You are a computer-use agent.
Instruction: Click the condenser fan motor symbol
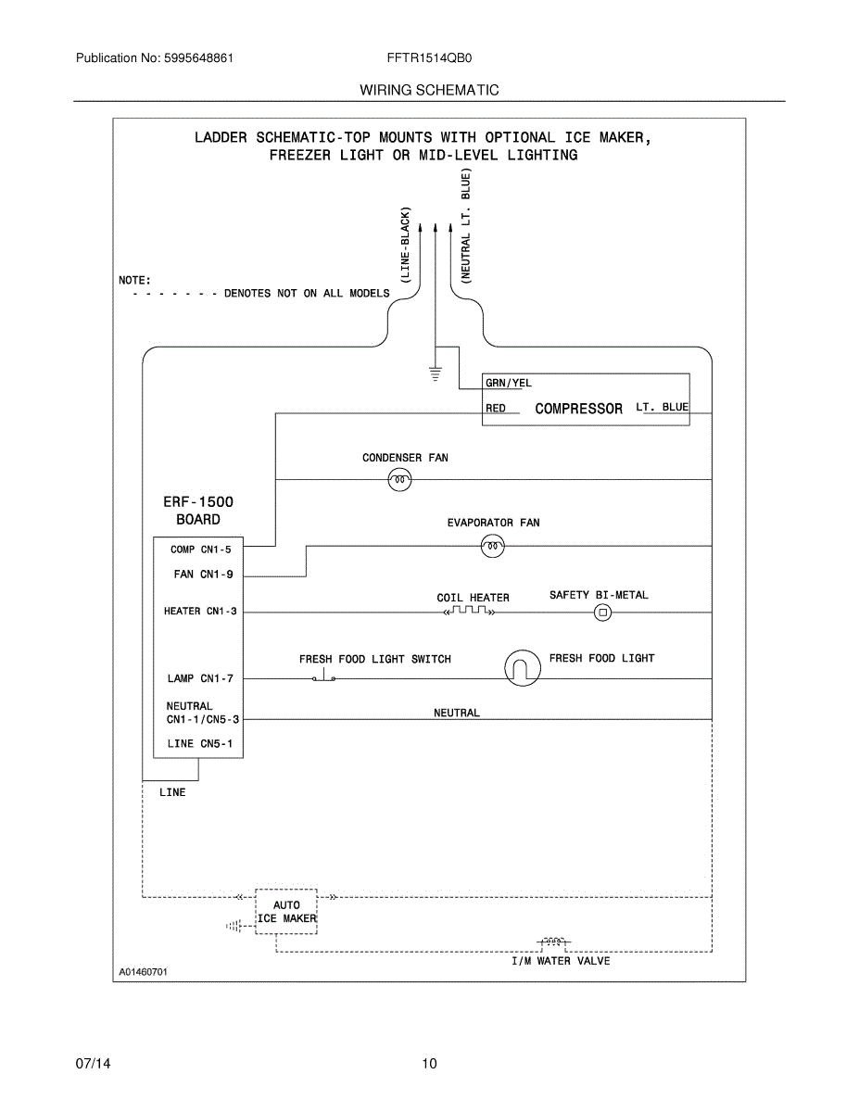point(399,480)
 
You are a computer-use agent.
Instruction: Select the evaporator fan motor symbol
point(492,546)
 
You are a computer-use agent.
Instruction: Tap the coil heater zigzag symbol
point(469,611)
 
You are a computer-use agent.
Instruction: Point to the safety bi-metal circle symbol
point(602,612)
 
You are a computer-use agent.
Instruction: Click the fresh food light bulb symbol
point(523,668)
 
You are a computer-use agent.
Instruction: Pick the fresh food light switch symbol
point(323,676)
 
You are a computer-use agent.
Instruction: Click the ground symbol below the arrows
point(435,374)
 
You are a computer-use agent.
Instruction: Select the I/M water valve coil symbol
point(553,941)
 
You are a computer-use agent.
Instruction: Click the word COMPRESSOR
point(578,409)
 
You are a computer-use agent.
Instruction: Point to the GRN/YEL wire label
point(509,383)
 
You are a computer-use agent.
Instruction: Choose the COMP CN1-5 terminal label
point(200,550)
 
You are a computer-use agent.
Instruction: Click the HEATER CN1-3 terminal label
point(200,611)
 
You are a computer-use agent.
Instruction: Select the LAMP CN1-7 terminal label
point(200,678)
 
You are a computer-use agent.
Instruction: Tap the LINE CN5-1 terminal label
point(199,743)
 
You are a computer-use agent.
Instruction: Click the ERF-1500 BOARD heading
point(198,511)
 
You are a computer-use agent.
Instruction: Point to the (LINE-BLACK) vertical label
point(405,245)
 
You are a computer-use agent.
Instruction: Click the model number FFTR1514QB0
point(429,58)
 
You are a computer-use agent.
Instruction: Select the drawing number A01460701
point(144,972)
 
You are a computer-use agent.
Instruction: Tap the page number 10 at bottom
point(429,1064)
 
